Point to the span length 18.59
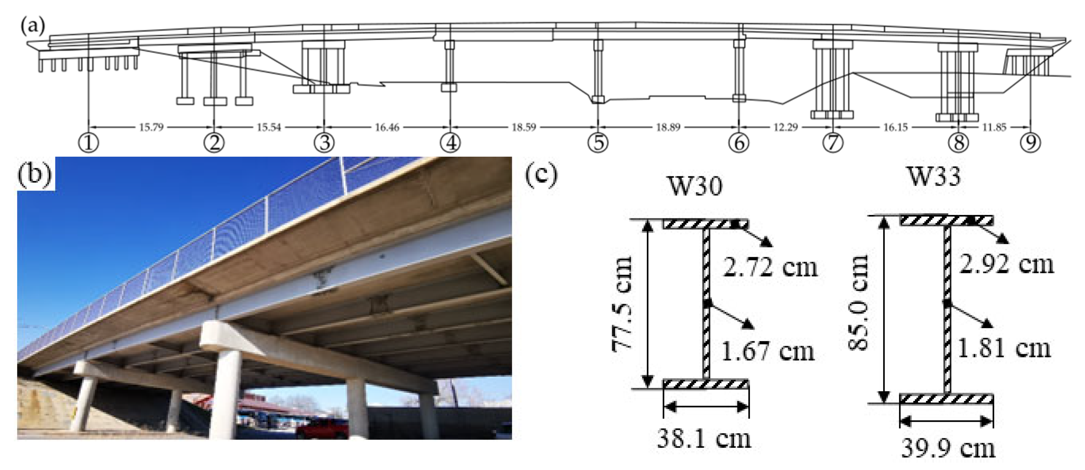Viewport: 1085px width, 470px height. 524,127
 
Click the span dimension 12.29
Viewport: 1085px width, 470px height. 785,127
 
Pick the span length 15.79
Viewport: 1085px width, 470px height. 151,127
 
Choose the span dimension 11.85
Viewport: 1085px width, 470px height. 994,127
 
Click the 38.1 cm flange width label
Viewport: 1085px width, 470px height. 704,439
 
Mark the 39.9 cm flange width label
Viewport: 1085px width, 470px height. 948,448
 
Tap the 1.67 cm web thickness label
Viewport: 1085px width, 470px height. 768,352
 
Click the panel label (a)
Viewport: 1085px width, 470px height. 33,26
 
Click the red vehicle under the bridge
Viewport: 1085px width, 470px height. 322,429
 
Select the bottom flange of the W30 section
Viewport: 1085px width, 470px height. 706,384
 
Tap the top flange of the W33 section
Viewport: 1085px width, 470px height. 946,220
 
